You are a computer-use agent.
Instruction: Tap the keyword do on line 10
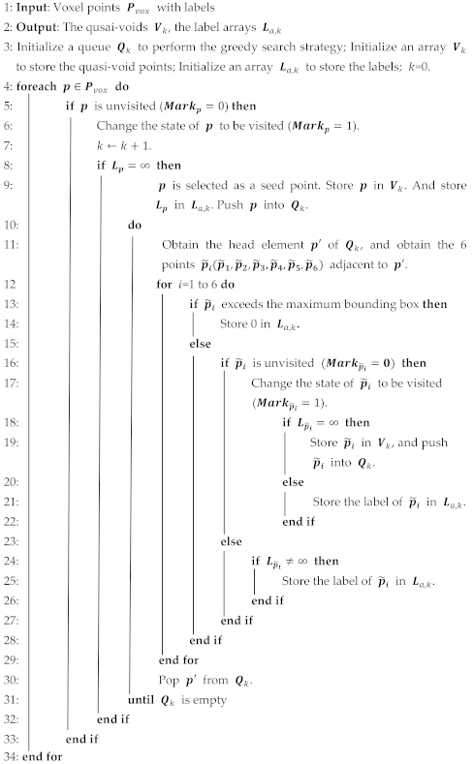point(136,226)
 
